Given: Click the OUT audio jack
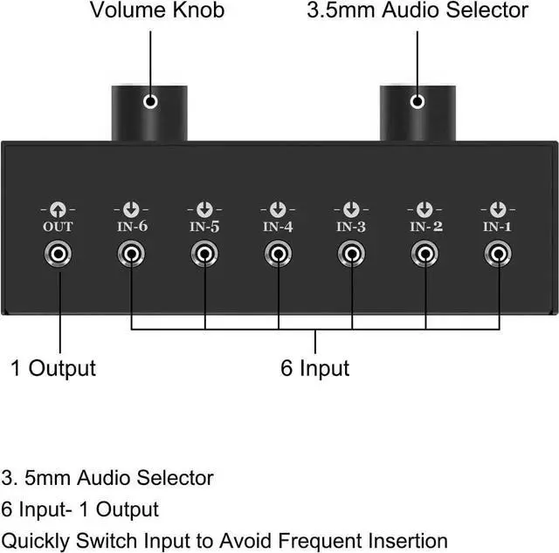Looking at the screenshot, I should [x=58, y=255].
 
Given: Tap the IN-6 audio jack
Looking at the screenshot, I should [x=131, y=255].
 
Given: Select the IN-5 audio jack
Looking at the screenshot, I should [x=204, y=255].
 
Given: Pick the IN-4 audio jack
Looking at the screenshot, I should [x=278, y=255].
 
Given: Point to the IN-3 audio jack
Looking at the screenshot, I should [x=351, y=255].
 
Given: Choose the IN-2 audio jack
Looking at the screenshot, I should [x=424, y=255].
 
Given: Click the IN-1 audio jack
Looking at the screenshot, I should [x=498, y=255].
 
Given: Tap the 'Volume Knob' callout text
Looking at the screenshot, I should [x=157, y=11].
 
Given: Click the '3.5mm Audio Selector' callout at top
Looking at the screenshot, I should [x=418, y=11].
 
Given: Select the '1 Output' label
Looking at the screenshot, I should [x=52, y=367].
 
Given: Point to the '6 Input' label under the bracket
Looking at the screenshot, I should [x=314, y=368].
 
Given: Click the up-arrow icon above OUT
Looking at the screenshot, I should [x=58, y=209].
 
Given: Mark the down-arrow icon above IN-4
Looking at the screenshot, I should [x=278, y=209].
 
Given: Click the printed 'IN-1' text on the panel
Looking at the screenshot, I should [x=498, y=227].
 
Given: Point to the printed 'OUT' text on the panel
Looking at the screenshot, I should [x=58, y=227].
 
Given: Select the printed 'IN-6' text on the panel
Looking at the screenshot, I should [x=131, y=227].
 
